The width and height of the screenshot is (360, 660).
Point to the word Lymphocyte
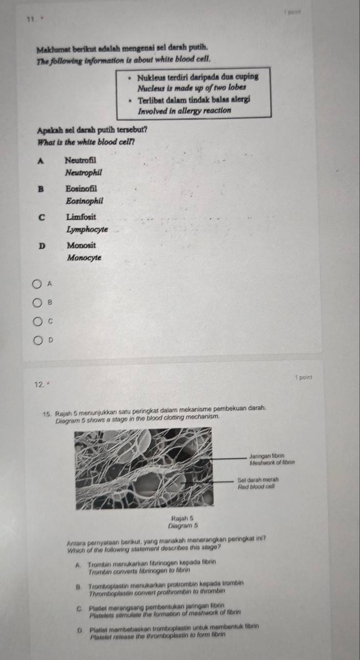coord(87,230)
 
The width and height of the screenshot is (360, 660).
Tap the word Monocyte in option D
coord(84,258)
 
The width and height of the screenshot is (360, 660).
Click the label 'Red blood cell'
coord(257,487)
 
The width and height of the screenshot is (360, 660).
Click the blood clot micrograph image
coord(151,469)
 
